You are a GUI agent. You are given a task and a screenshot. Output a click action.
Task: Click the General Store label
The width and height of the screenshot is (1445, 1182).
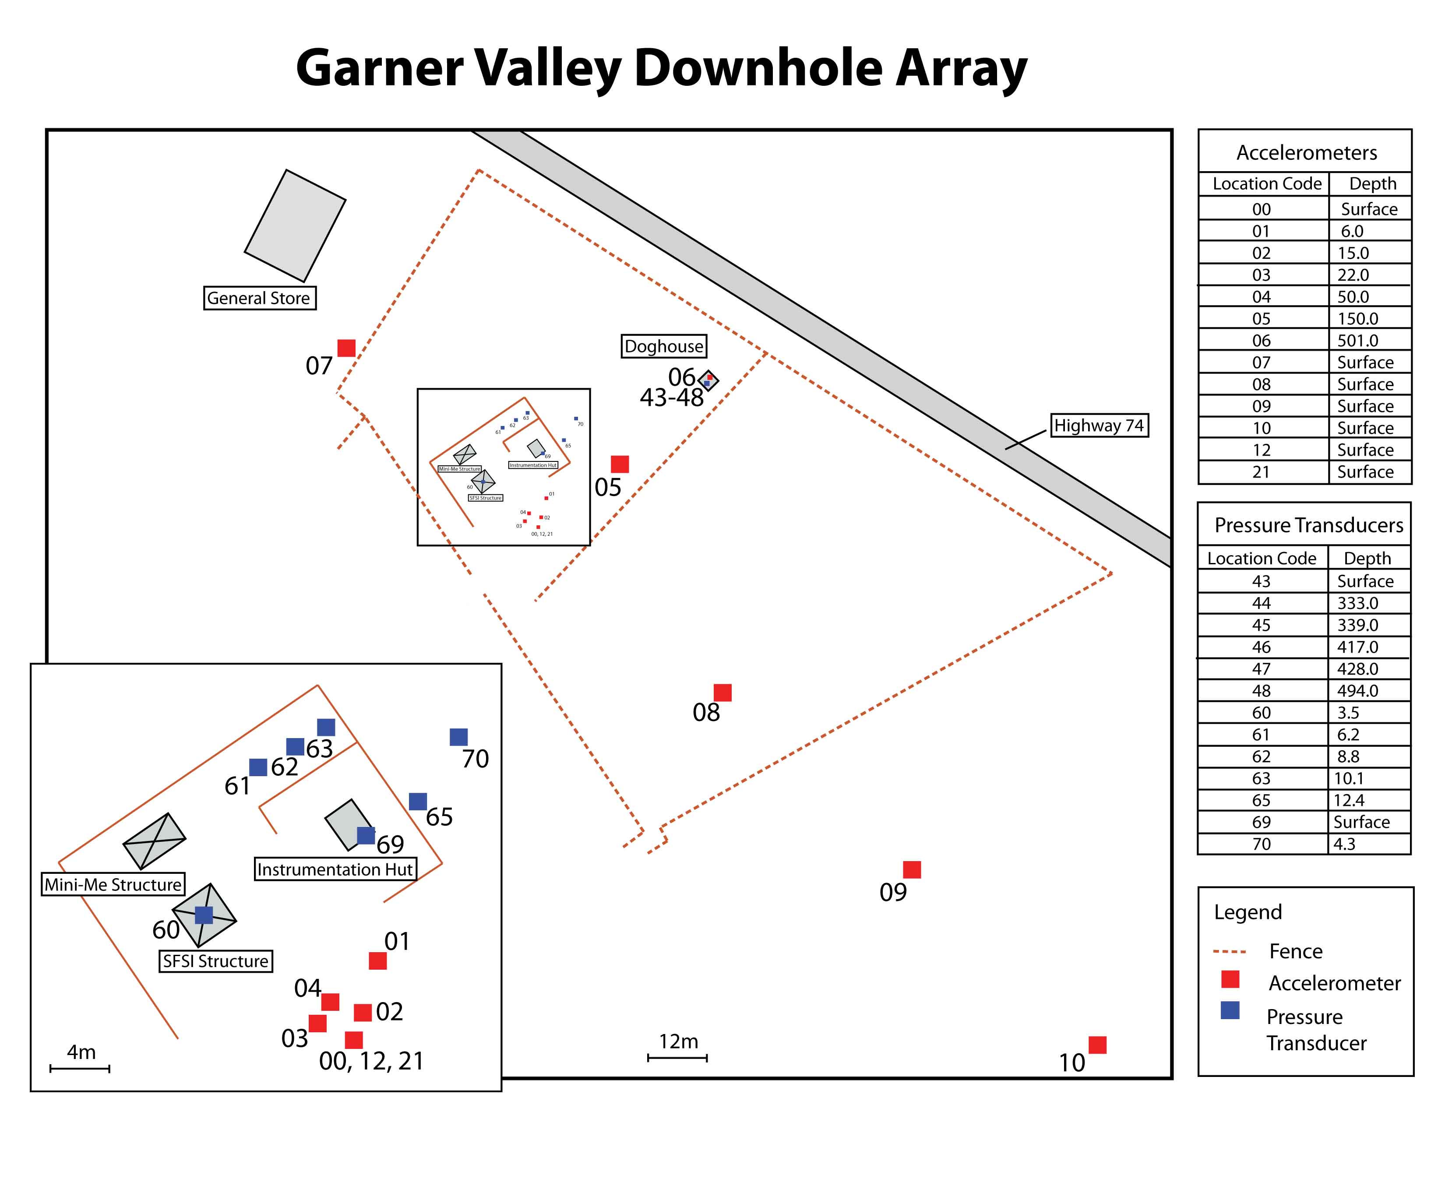(x=260, y=298)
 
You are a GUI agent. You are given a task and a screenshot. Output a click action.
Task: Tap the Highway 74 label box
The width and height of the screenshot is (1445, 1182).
(x=1099, y=426)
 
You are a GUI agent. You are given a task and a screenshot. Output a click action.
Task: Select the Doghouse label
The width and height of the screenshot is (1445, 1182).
(x=663, y=347)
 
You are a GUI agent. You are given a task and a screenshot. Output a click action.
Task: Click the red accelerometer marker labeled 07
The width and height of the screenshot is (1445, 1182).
(x=347, y=348)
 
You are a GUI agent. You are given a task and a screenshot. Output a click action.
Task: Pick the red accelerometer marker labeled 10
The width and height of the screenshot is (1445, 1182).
(x=1097, y=1045)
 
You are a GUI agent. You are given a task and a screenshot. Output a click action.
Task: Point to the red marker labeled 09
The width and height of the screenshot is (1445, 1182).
(x=912, y=869)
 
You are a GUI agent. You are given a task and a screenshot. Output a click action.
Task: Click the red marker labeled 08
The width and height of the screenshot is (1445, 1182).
(x=722, y=693)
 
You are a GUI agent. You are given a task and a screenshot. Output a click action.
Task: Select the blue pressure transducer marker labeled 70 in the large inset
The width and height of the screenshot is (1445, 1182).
(x=458, y=737)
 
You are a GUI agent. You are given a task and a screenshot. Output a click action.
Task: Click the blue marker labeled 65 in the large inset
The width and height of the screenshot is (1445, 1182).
(x=418, y=802)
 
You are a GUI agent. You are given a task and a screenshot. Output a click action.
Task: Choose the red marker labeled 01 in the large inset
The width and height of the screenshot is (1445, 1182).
(x=378, y=961)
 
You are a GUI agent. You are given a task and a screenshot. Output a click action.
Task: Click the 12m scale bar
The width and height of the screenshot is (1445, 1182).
(x=677, y=1057)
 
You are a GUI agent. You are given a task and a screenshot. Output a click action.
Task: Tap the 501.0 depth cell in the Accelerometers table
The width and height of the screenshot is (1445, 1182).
(x=1358, y=341)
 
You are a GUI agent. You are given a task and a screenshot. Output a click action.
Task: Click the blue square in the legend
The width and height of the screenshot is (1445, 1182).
(x=1230, y=1010)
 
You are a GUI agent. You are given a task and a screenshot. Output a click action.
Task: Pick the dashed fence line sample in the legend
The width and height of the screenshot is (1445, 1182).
(x=1230, y=952)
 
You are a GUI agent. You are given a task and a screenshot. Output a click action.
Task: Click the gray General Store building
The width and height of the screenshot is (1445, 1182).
(x=295, y=226)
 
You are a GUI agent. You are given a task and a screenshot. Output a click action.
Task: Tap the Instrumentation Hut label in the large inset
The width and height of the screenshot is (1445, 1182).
(x=335, y=869)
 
